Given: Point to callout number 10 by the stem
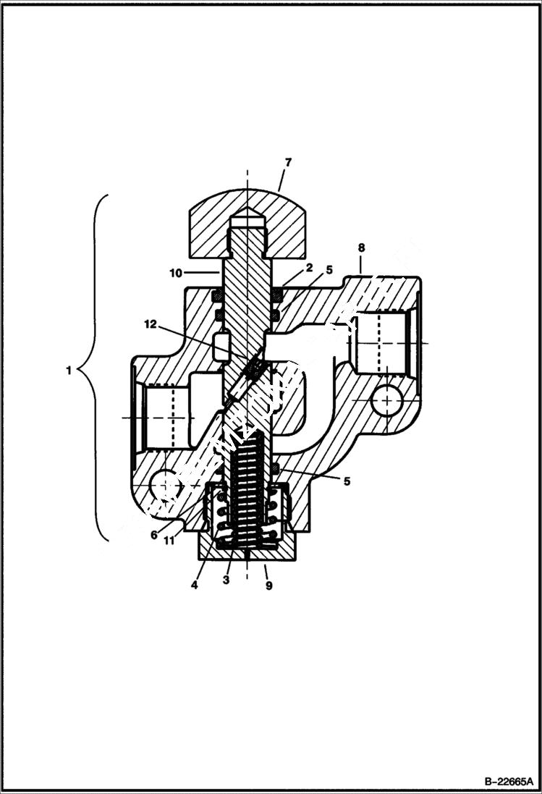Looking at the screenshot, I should tap(176, 273).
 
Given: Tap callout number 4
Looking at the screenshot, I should tap(194, 584).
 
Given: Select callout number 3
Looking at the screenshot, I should tap(226, 580).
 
